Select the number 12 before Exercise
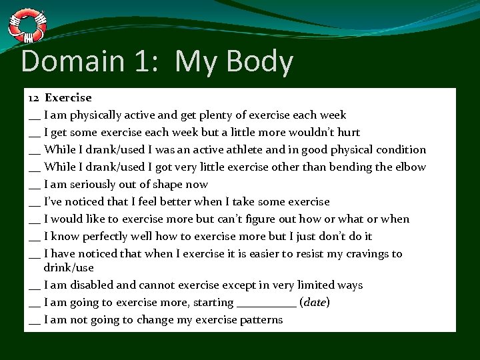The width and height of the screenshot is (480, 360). [x=34, y=98]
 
